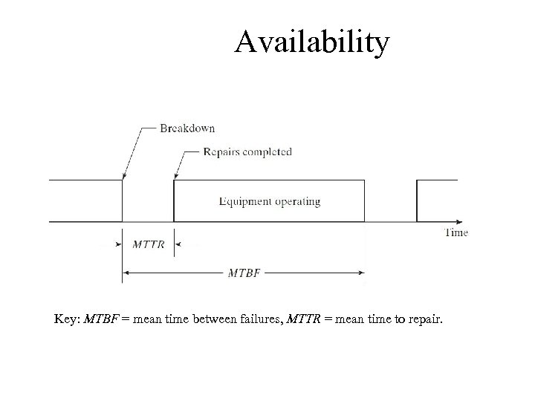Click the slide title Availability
click(311, 43)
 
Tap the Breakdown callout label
click(187, 128)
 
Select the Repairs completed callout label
click(247, 152)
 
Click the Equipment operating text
click(270, 201)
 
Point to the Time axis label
click(455, 232)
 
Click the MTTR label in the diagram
click(149, 244)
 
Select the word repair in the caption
click(424, 320)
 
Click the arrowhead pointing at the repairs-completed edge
click(175, 175)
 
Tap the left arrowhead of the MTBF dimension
click(126, 273)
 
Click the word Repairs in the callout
click(222, 152)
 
